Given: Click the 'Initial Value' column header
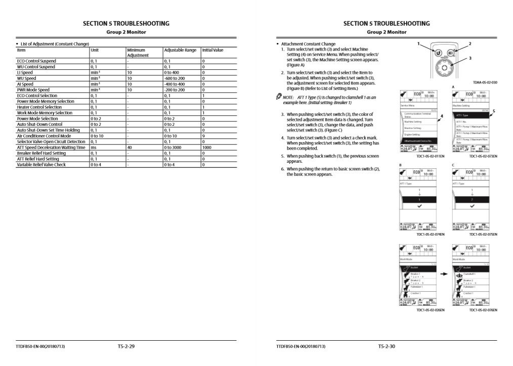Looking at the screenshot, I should pyautogui.click(x=212, y=50).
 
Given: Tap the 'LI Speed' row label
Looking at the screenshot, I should pyautogui.click(x=25, y=72).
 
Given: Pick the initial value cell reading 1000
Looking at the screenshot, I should pyautogui.click(x=207, y=147).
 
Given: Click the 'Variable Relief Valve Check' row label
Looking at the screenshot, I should pyautogui.click(x=41, y=164).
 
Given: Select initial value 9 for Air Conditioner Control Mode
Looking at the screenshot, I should pyautogui.click(x=203, y=136).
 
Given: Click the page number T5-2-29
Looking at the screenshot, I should pyautogui.click(x=126, y=346).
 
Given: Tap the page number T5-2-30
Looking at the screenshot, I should pyautogui.click(x=387, y=346).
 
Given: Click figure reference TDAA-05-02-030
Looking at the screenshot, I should pyautogui.click(x=485, y=82).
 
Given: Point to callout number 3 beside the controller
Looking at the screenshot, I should pyautogui.click(x=470, y=58).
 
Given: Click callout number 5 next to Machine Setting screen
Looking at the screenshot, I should pyautogui.click(x=494, y=111).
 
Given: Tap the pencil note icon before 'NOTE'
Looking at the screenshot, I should pyautogui.click(x=279, y=97).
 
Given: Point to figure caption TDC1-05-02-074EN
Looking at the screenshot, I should pyautogui.click(x=431, y=234).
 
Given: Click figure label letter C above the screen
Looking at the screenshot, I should pyautogui.click(x=453, y=165).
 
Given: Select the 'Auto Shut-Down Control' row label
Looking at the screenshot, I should pyautogui.click(x=39, y=124).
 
